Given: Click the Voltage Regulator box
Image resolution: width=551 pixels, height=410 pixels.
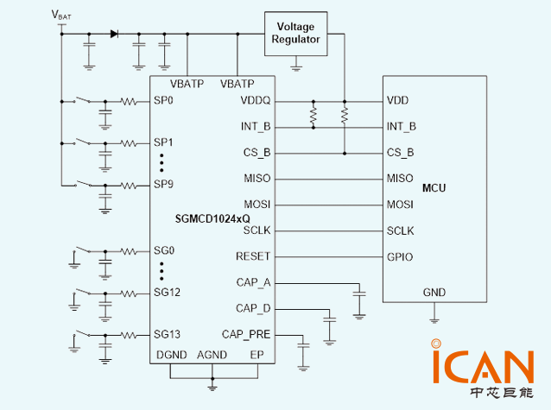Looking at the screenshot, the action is [296, 34].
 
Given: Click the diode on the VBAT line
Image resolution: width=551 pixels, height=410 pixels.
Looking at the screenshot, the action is [114, 34].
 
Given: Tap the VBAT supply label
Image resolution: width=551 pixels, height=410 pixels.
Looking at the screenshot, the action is [61, 15].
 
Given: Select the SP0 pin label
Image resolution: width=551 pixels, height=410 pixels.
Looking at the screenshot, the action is [163, 100].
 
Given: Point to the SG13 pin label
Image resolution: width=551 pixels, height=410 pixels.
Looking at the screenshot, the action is [167, 334].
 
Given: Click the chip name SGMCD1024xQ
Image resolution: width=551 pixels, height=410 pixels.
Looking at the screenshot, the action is [212, 219].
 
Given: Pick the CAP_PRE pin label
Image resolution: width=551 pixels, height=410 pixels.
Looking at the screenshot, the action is [246, 334].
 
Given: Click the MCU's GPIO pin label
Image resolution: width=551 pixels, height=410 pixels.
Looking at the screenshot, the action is [400, 257].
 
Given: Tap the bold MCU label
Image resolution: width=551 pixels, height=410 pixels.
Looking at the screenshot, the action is [434, 188].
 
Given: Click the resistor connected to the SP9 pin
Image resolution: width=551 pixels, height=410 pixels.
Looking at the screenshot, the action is [129, 186].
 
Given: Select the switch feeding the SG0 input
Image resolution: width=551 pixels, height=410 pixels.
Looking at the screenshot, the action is [82, 249].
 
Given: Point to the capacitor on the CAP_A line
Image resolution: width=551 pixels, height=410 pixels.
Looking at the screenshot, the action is [359, 293].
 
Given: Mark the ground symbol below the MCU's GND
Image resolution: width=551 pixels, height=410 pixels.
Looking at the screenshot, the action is [434, 320].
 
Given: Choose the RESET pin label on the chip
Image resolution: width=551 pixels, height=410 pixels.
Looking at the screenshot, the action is [253, 256].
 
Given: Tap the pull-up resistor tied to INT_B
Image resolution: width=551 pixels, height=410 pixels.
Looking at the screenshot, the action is [313, 115].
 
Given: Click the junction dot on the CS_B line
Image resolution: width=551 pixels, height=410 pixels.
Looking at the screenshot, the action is [345, 154].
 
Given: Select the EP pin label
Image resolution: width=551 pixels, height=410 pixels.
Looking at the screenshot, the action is [256, 355].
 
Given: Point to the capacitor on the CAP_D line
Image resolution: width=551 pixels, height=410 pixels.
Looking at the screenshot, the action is [330, 319].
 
